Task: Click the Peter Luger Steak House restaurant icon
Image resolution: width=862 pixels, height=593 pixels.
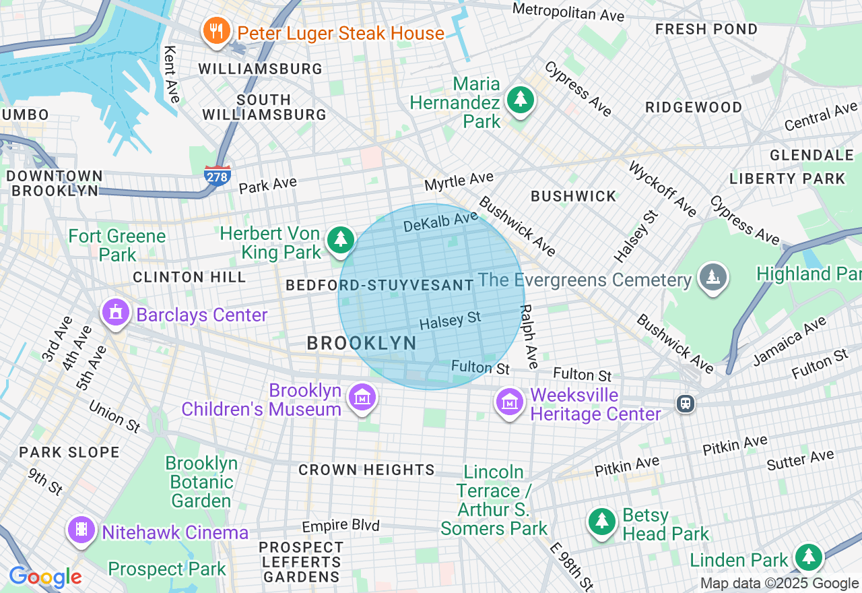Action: click(215, 32)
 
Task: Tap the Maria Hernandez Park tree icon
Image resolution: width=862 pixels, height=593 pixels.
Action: click(520, 100)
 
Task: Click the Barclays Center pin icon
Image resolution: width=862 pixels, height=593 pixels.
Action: click(115, 313)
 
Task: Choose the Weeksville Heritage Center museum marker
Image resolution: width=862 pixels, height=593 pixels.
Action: click(510, 402)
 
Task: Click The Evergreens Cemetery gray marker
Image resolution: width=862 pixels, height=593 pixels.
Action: click(712, 278)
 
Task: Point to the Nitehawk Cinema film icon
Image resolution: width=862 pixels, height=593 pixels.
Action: click(81, 530)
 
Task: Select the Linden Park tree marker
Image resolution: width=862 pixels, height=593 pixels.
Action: click(808, 557)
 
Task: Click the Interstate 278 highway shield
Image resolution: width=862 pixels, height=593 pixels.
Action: click(218, 175)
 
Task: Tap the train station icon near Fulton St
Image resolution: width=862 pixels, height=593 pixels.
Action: click(686, 403)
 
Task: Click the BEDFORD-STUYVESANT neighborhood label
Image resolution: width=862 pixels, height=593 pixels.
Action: click(380, 285)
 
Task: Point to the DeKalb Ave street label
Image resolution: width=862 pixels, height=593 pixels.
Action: click(440, 222)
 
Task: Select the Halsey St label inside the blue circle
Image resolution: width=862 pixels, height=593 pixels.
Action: click(450, 320)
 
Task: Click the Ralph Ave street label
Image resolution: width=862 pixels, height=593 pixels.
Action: click(529, 336)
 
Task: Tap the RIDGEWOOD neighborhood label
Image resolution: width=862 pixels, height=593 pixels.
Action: click(693, 107)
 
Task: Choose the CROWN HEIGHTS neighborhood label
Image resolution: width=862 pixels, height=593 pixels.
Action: click(366, 470)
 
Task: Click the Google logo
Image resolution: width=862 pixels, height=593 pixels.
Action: click(45, 577)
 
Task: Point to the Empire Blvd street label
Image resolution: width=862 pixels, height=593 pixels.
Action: click(341, 526)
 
